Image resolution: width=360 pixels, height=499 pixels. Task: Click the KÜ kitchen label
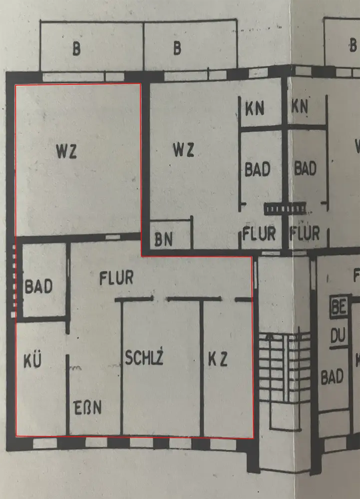[31, 361]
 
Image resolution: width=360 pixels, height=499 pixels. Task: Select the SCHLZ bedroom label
[144, 358]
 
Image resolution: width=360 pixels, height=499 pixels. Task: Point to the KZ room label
[218, 359]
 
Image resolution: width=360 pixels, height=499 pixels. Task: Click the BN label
[163, 240]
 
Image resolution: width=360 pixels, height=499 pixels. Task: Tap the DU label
[338, 338]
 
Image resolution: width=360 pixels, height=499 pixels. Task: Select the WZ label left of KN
[183, 150]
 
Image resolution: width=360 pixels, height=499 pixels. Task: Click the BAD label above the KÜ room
[38, 287]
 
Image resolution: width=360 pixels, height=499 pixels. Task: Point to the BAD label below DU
[332, 377]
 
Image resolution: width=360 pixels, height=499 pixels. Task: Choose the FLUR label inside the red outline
[116, 277]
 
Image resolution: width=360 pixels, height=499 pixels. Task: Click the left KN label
[255, 108]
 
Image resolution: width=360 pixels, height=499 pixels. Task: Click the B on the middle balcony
[177, 49]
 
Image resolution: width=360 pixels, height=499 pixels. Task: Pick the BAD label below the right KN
[305, 168]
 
